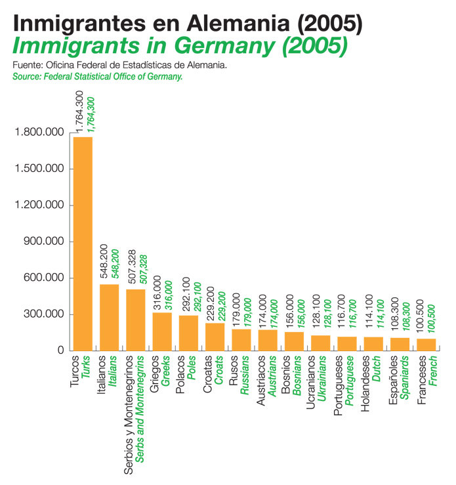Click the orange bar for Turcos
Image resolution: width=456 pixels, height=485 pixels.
tap(83, 243)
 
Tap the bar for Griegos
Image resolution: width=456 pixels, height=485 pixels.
tap(162, 331)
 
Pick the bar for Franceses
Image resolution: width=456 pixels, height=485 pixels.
tap(426, 344)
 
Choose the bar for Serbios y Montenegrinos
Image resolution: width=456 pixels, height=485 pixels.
tap(135, 320)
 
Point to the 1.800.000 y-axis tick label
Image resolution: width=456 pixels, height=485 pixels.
tap(39, 133)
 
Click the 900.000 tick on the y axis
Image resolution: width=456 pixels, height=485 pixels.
tap(43, 242)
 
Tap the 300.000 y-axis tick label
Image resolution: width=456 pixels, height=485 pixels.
tap(43, 314)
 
